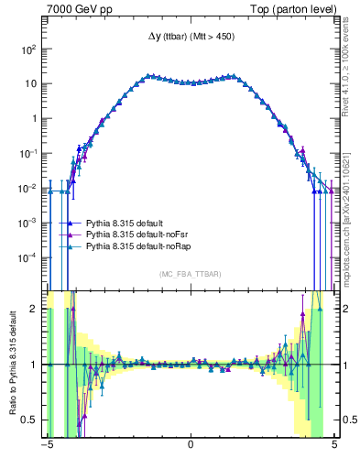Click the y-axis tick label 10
[32, 83]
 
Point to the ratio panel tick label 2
[37, 309]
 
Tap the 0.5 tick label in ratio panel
[32, 420]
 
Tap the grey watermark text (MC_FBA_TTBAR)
[191, 274]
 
